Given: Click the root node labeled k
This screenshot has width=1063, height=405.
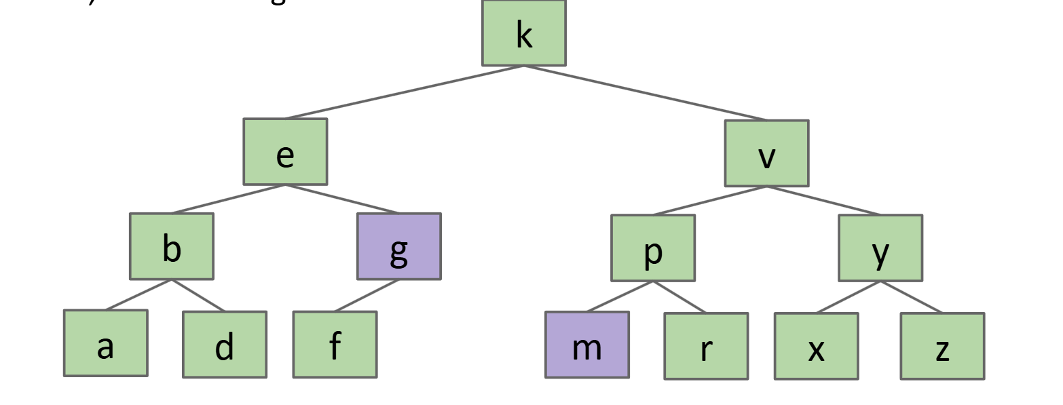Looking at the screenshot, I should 523,33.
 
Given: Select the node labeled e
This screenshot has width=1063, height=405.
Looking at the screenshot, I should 285,152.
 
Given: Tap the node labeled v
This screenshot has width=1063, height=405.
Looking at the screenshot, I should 766,153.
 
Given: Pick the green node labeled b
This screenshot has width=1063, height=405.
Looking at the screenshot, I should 172,246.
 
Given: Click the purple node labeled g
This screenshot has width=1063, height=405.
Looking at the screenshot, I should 399,246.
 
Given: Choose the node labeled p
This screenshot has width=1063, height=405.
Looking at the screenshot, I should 652,248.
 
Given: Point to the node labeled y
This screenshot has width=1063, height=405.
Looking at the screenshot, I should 880,248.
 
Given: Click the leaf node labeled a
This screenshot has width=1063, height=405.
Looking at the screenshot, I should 105,343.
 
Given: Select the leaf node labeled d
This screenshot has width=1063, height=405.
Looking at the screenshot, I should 225,345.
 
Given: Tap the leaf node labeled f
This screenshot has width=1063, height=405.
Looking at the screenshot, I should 335,345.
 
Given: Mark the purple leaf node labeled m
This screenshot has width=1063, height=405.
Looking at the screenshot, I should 587,345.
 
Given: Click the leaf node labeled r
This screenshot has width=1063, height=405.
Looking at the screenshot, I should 706,346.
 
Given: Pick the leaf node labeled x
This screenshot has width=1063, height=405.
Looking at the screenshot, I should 816,346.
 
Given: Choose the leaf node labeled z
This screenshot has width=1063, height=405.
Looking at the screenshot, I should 942,346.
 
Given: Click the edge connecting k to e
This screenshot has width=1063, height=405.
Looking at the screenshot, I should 405,92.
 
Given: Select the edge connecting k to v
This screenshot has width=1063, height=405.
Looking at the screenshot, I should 645,93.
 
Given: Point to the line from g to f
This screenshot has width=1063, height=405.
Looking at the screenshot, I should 367,296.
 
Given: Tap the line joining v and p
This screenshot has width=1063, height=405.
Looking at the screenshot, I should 709,201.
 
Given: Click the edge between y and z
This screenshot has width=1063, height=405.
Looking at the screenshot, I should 911,297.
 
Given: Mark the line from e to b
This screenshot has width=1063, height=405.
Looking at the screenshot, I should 228,199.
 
